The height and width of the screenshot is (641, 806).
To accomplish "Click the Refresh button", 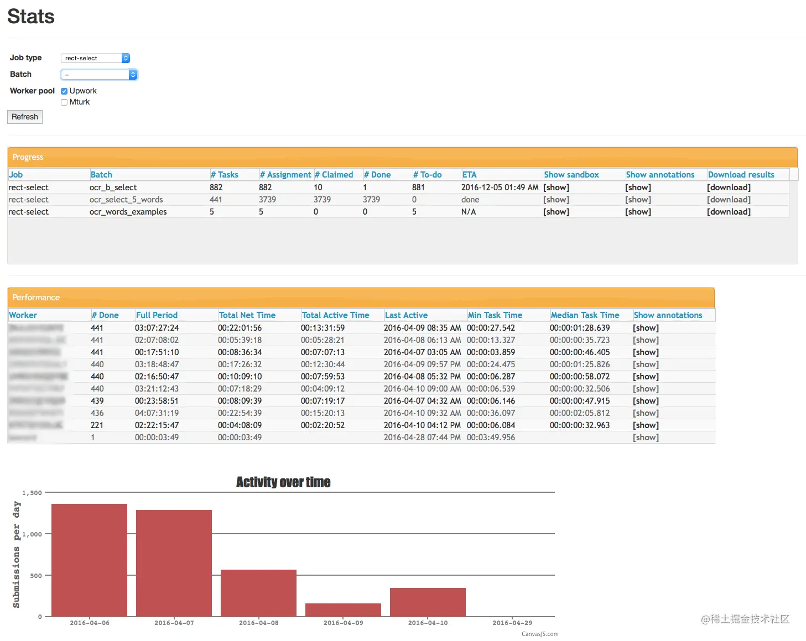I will point(25,117).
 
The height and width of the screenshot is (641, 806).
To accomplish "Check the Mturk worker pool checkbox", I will point(64,102).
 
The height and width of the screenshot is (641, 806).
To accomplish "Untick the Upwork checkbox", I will point(64,91).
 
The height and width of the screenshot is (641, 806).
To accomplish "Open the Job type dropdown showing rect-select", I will point(95,58).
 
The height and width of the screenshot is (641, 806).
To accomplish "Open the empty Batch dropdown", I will point(98,75).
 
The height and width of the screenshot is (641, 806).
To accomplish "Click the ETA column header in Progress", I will point(469,175).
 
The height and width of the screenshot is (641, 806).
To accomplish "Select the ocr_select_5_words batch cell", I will point(126,200).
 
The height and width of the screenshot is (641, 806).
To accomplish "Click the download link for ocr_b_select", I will point(729,187).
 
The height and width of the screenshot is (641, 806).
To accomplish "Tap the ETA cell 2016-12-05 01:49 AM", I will point(500,187).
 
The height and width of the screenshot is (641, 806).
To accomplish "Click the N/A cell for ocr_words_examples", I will point(469,212).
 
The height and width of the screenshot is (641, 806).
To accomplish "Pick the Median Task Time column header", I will point(585,315).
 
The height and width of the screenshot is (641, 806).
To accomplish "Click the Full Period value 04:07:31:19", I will point(157,413).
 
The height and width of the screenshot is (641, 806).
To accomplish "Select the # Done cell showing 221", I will point(97,425).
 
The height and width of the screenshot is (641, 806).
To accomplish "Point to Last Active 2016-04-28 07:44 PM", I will point(422,437).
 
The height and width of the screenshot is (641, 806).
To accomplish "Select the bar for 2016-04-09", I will point(343,610).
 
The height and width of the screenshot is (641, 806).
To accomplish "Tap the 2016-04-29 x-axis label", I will point(512,623).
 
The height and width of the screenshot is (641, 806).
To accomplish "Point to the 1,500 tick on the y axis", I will point(32,493).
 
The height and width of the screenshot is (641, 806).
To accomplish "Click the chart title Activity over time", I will point(283,482).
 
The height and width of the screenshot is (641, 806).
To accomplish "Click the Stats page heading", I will point(31,17).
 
